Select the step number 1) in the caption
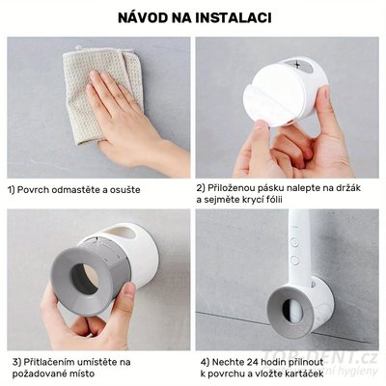click(13, 190)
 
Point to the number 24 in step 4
click(247, 361)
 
